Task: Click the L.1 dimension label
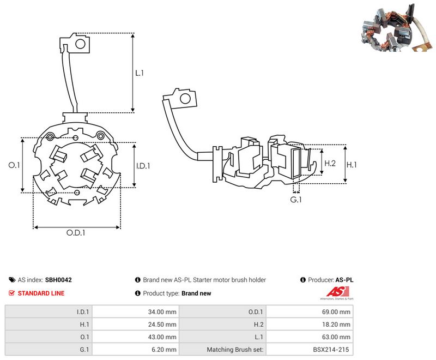[140, 73]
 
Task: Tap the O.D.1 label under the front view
[76, 232]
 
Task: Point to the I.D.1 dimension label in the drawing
[143, 166]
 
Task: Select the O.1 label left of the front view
[14, 165]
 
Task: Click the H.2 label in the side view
[330, 163]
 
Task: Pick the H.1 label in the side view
[352, 165]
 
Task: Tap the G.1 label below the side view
[296, 200]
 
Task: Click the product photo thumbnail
[397, 28]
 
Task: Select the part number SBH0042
[58, 280]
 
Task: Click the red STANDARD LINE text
[41, 293]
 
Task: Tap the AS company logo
[337, 293]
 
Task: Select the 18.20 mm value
[336, 325]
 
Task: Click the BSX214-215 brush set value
[331, 350]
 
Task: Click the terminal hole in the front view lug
[80, 44]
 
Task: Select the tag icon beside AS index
[12, 280]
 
